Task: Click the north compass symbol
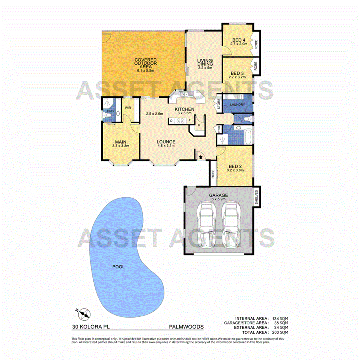pyautogui.click(x=84, y=314)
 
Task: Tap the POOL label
pyautogui.click(x=118, y=266)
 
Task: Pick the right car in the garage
pyautogui.click(x=230, y=225)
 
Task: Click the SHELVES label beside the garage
pyautogui.click(x=257, y=196)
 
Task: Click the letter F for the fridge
pyautogui.click(x=189, y=120)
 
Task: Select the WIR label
pyautogui.click(x=128, y=108)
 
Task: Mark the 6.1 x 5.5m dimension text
pyautogui.click(x=145, y=70)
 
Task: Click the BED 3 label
pyautogui.click(x=237, y=73)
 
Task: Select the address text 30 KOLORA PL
pyautogui.click(x=91, y=327)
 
